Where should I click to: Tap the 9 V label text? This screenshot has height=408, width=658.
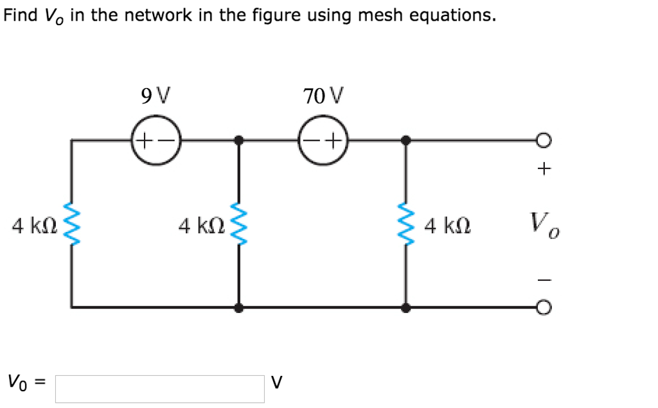click(155, 96)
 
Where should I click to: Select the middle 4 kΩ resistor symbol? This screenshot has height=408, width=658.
click(239, 225)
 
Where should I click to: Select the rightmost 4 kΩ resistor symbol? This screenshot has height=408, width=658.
click(405, 225)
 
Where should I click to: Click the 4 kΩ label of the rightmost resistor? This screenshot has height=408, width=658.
click(447, 226)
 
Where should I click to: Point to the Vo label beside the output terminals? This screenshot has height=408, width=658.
click(544, 226)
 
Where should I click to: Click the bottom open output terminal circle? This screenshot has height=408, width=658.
click(544, 308)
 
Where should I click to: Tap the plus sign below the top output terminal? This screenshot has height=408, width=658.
click(544, 169)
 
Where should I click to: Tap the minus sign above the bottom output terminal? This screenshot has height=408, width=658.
click(544, 279)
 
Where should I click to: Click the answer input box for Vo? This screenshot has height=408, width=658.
click(160, 389)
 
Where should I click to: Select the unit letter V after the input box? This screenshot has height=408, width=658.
click(276, 384)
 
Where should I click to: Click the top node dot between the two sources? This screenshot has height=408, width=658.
click(239, 139)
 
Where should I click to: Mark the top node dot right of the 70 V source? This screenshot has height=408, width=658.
click(405, 139)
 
